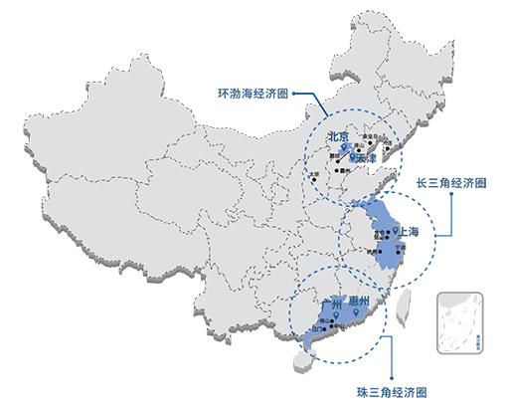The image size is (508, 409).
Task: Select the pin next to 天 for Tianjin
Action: click(x=354, y=156)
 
